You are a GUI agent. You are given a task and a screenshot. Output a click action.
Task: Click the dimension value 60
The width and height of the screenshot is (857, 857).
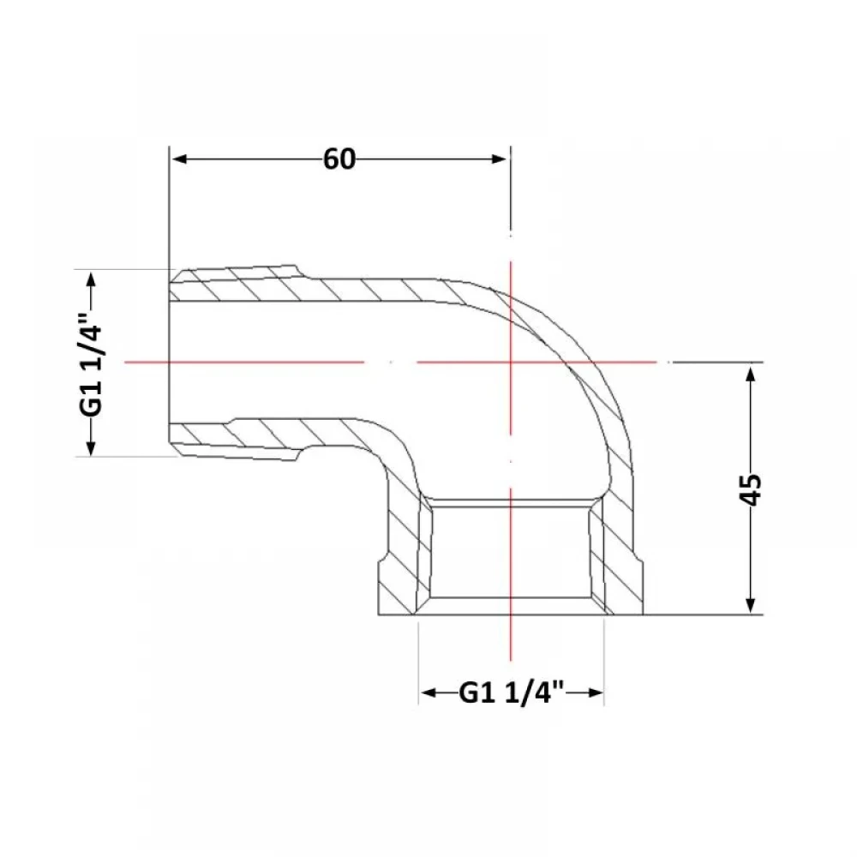[339, 159]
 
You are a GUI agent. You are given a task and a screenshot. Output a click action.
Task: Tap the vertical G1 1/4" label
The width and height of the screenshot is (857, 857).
[92, 364]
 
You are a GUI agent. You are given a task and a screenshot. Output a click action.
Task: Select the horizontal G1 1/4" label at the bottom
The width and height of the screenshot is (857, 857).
[511, 692]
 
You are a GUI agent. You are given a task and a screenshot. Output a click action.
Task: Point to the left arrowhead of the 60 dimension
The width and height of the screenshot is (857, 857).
[180, 159]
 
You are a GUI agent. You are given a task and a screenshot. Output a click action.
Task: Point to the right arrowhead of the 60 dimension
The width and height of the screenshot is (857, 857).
[499, 159]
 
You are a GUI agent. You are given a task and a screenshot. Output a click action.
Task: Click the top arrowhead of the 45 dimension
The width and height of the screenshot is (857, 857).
[751, 375]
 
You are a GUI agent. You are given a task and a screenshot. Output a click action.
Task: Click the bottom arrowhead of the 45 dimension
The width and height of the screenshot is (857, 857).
[751, 604]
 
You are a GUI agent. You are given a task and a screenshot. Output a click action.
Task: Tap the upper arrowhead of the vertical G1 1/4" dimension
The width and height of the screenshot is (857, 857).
[92, 280]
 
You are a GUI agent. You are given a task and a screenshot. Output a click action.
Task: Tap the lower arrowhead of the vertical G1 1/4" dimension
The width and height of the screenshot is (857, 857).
[92, 446]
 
